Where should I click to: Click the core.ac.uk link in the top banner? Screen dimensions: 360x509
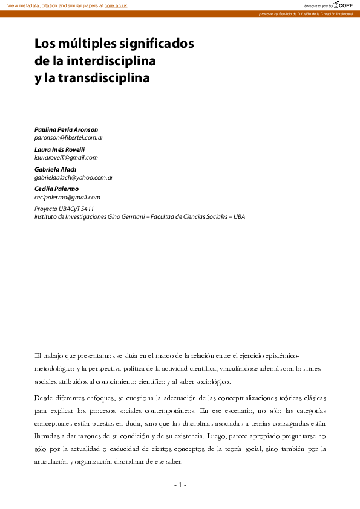(x=116, y=5)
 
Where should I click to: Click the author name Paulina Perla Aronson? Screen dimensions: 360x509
(x=66, y=129)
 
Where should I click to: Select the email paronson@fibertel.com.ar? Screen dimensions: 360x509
(x=69, y=138)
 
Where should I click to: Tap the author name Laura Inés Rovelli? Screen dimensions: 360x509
(x=59, y=149)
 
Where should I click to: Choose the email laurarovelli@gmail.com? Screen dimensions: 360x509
(x=66, y=157)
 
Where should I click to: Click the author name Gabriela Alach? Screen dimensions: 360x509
(x=55, y=169)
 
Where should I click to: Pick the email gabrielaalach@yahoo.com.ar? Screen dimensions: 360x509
(x=74, y=177)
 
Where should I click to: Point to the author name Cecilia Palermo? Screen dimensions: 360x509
(x=56, y=189)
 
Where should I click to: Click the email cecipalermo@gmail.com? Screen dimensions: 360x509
(x=67, y=197)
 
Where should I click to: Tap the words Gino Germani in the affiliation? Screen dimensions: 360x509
(x=129, y=216)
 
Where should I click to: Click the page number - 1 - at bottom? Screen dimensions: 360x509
(x=180, y=485)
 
